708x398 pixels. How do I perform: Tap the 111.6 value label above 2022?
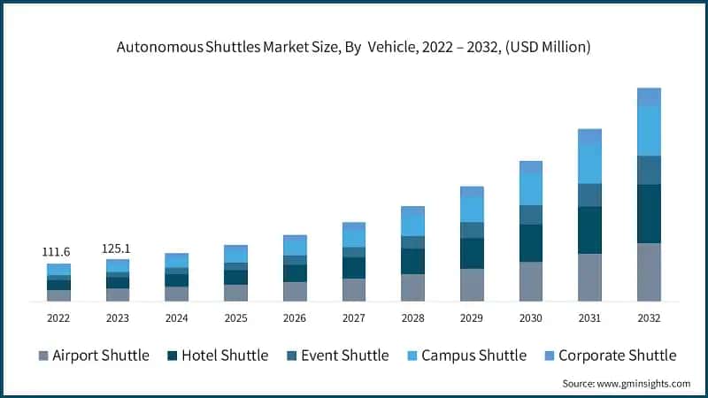[x=58, y=252]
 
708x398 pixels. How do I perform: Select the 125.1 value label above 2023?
[x=118, y=248]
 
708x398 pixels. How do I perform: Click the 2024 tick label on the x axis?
[x=176, y=318]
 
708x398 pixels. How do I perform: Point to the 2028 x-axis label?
[x=412, y=318]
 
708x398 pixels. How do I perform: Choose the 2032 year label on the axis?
[x=649, y=318]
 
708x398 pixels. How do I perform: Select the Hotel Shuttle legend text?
[x=224, y=356]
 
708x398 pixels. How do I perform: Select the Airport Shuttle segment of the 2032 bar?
[x=649, y=272]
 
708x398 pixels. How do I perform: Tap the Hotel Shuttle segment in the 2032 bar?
[x=649, y=213]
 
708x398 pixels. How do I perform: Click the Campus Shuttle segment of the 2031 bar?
[x=589, y=164]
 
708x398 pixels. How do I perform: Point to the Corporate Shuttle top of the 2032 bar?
[x=649, y=96]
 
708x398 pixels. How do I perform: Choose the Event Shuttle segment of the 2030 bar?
[x=531, y=214]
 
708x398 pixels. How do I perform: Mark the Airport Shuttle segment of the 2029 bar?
[x=472, y=285]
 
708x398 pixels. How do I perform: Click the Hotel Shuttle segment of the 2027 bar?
[x=354, y=267]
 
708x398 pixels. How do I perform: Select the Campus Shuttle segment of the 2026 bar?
[x=295, y=246]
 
